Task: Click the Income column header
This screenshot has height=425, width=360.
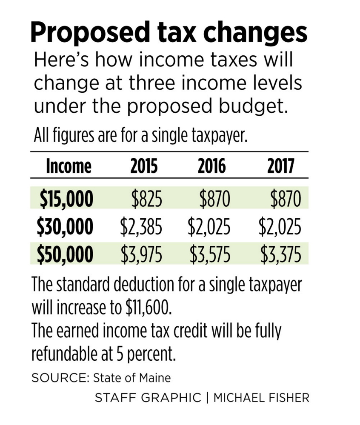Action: pyautogui.click(x=68, y=166)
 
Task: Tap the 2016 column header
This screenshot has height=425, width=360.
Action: pyautogui.click(x=211, y=166)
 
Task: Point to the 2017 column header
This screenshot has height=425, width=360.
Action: pyautogui.click(x=280, y=166)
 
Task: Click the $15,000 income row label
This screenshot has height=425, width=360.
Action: pyautogui.click(x=66, y=199)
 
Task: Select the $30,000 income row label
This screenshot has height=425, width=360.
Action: pyautogui.click(x=65, y=227)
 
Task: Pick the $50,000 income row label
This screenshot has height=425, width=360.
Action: pyautogui.click(x=65, y=254)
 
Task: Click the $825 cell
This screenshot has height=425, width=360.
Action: pyautogui.click(x=146, y=199)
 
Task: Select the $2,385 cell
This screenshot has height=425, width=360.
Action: pyautogui.click(x=141, y=227)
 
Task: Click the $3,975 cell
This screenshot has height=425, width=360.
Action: pyautogui.click(x=141, y=254)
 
